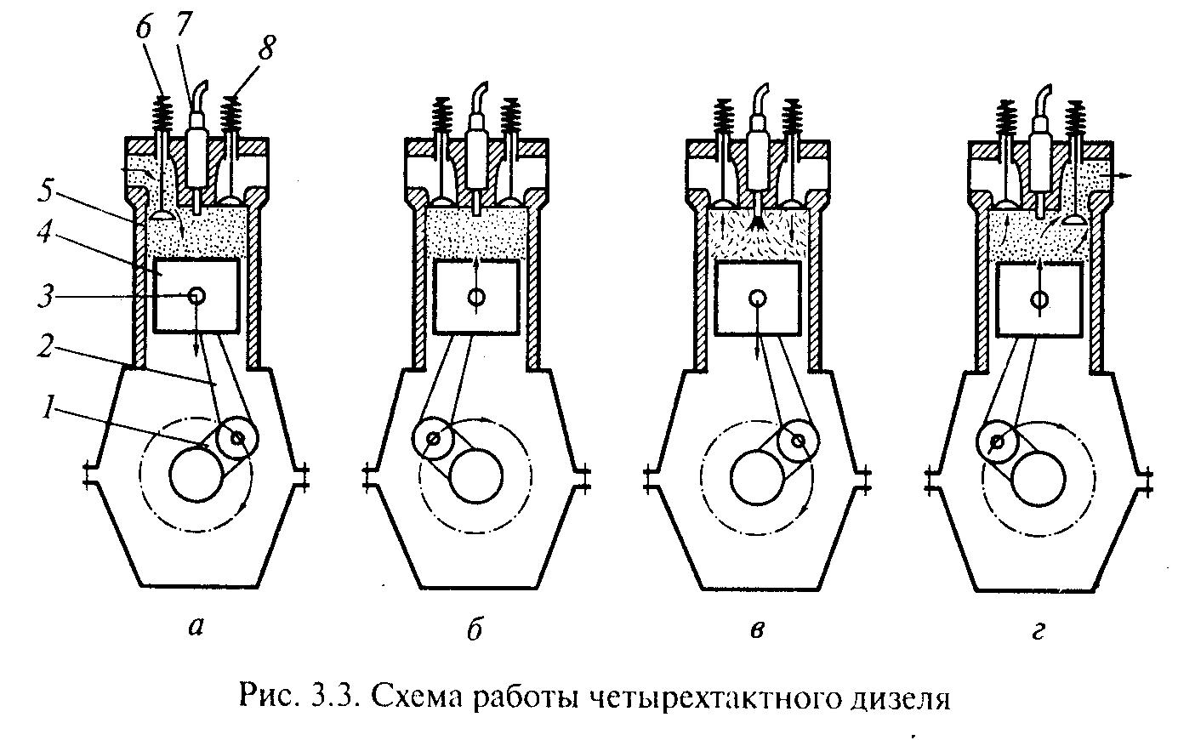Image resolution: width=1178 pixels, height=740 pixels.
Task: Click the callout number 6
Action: click(144, 26)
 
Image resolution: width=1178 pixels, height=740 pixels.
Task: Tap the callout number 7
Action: click(183, 24)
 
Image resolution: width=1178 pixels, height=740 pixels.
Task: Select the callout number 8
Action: click(266, 48)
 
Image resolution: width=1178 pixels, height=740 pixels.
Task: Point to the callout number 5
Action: click(46, 192)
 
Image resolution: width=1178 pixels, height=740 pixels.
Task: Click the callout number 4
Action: click(45, 232)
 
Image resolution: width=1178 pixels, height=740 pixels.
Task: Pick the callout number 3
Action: click(45, 297)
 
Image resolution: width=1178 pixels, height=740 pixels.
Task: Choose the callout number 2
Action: click(45, 346)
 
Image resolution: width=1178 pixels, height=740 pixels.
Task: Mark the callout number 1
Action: click(48, 407)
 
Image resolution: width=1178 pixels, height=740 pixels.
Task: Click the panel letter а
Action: click(196, 627)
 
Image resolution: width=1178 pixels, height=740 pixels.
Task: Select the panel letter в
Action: click(756, 629)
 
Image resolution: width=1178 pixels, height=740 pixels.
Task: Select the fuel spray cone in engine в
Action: click(756, 224)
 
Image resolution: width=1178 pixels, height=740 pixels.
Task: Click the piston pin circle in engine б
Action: click(476, 297)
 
